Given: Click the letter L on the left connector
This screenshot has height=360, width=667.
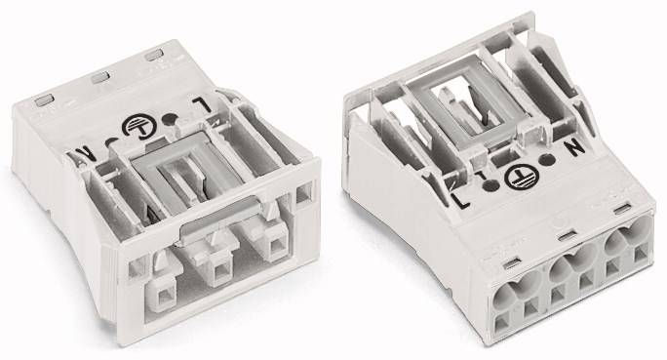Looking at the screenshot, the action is [201, 104].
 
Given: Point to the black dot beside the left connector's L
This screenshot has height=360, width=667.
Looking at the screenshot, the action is [170, 119].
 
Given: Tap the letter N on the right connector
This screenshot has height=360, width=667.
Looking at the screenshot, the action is [573, 147].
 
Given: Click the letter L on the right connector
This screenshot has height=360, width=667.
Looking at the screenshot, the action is [460, 200].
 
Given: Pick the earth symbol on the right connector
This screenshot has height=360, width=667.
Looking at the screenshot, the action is [522, 177].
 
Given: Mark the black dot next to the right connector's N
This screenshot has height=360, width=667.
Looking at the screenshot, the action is [547, 160].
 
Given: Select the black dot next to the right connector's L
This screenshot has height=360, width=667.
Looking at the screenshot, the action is [490, 185].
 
